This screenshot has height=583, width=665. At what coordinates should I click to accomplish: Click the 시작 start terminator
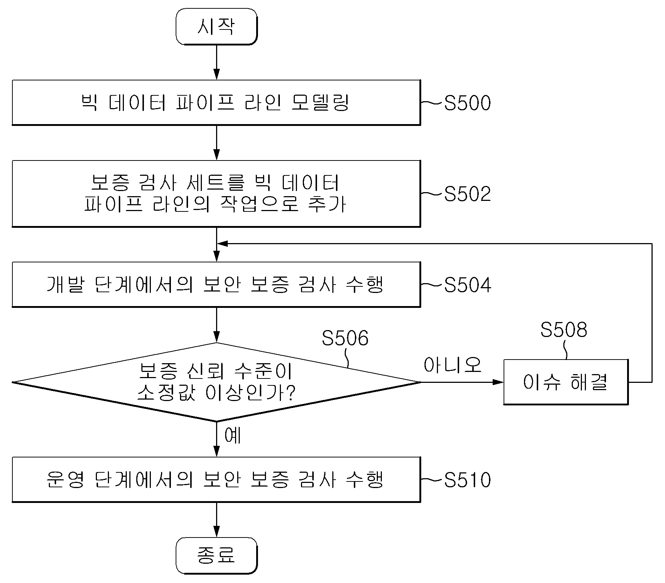click(x=216, y=27)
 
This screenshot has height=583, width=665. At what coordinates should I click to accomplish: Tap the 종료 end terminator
click(x=216, y=556)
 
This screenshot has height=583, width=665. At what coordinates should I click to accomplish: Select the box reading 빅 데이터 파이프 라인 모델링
click(x=216, y=103)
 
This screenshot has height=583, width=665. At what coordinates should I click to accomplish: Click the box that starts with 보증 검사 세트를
click(x=216, y=194)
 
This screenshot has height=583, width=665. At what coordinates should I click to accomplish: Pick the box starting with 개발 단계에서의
click(x=216, y=284)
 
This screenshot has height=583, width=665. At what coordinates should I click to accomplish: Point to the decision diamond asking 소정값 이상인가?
click(x=216, y=382)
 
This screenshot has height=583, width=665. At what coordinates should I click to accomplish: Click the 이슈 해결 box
click(x=566, y=382)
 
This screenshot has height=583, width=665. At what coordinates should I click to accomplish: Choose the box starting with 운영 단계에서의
click(x=216, y=480)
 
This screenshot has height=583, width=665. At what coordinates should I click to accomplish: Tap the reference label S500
click(x=468, y=103)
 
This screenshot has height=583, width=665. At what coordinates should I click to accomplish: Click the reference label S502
click(x=468, y=194)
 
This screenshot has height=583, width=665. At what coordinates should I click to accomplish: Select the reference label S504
click(x=468, y=285)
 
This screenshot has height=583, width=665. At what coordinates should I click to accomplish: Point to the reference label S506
click(x=345, y=338)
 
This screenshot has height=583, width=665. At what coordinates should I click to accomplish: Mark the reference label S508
click(x=564, y=330)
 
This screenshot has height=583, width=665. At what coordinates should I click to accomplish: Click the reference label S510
click(x=468, y=480)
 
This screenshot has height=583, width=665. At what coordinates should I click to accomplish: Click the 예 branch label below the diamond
click(x=232, y=435)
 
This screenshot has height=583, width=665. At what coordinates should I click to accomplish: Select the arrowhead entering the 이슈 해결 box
click(x=498, y=382)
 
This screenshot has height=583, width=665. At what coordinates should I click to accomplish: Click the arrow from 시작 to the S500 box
click(x=216, y=62)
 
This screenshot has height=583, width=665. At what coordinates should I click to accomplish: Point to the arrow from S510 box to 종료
click(x=216, y=520)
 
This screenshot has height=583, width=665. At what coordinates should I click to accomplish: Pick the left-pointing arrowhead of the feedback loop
click(x=222, y=243)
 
